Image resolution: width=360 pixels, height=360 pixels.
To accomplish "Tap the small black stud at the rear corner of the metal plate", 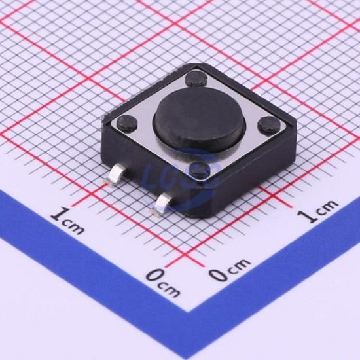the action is point(196,79).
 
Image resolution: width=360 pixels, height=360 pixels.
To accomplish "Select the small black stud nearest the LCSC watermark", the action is point(200,170).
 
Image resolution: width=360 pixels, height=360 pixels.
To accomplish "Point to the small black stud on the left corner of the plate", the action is point(127,122).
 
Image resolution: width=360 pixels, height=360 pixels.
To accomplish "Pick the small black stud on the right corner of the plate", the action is point(268,124).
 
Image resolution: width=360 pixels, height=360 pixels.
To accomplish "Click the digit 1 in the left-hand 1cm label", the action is point(60,214).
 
